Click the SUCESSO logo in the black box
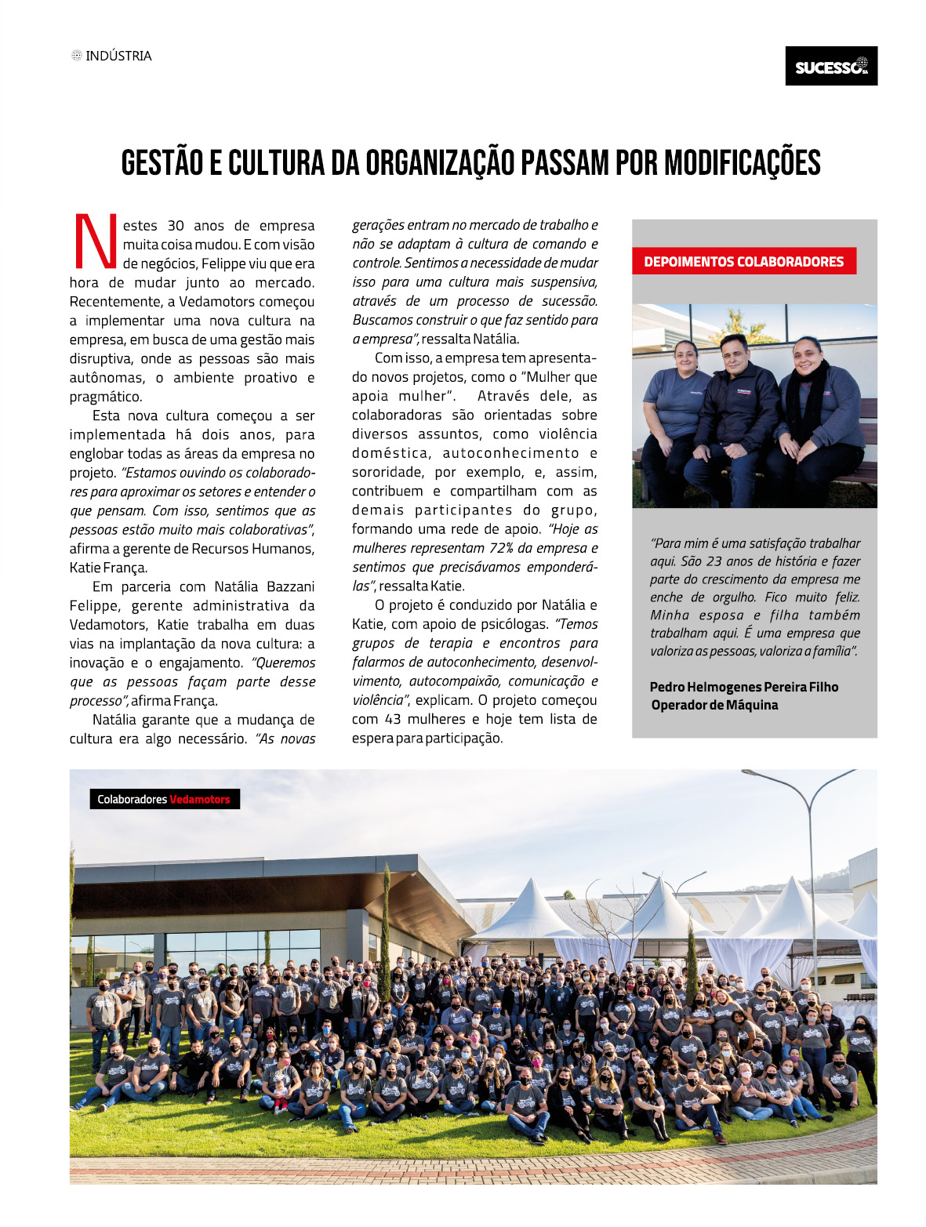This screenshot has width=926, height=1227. pyautogui.click(x=831, y=67)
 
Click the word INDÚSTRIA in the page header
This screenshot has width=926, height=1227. pyautogui.click(x=118, y=56)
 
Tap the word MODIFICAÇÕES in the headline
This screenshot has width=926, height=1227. pyautogui.click(x=742, y=163)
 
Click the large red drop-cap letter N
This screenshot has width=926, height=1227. pyautogui.click(x=94, y=241)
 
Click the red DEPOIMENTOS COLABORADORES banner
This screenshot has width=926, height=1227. pyautogui.click(x=743, y=262)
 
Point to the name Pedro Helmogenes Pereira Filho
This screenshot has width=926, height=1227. pyautogui.click(x=743, y=687)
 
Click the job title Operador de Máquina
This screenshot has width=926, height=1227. pyautogui.click(x=714, y=705)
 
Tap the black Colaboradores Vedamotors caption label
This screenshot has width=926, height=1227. pyautogui.click(x=164, y=799)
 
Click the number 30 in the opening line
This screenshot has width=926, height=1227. pyautogui.click(x=176, y=226)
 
